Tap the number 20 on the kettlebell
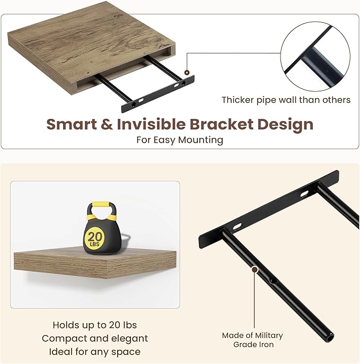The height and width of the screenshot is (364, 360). pos(96,236)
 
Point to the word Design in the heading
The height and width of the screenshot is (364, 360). pos(285,124)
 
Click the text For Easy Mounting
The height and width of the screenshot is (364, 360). pos(180,140)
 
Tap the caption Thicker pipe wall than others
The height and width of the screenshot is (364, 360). pos(286,99)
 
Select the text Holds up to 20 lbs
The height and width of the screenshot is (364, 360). pos(95,325)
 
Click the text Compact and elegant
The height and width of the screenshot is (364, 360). pos(95,338)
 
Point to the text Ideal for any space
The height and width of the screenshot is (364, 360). pos(95,351)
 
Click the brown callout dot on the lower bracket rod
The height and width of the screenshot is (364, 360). pos(255,270)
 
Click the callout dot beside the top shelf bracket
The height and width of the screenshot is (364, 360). pos(187,72)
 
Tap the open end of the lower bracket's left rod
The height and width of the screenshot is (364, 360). pos(330,336)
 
